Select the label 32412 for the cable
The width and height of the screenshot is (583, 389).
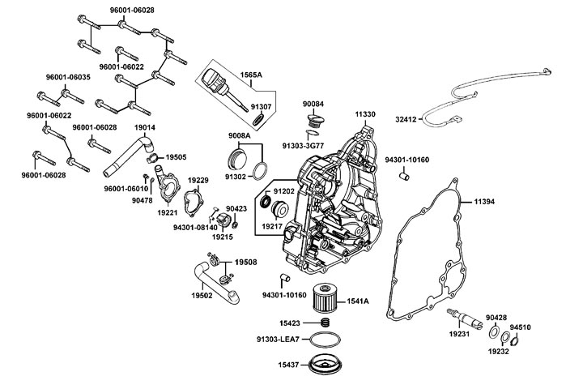pos(406,119)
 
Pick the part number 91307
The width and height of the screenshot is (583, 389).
pos(262,105)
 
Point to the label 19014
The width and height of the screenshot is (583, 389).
pos(145,128)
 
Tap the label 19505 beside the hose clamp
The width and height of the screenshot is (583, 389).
pos(176,157)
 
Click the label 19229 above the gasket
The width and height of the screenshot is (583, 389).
pos(198,180)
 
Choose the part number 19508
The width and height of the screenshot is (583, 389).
pos(245,263)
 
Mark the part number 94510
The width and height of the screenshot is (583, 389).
pos(521,327)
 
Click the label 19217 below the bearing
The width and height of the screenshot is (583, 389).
pos(273,227)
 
